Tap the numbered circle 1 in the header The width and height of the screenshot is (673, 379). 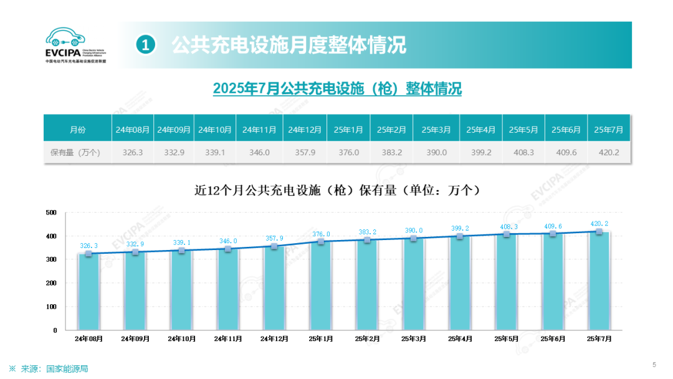145,45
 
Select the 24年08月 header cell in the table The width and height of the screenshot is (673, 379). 133,130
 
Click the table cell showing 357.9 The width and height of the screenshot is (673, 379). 305,152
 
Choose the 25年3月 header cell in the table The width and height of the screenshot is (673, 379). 436,130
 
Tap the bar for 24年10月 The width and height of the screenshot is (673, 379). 181,290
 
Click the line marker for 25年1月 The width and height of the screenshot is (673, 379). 320,241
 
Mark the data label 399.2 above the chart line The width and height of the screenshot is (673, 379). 459,229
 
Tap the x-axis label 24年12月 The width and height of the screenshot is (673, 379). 274,338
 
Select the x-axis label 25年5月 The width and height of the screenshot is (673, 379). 507,338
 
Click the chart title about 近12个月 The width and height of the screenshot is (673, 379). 337,190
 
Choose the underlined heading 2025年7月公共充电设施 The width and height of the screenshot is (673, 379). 337,89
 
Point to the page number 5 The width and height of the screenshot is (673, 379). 654,365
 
